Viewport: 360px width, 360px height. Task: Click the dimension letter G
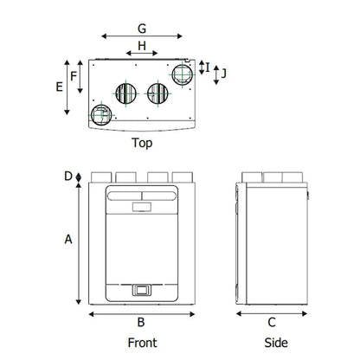pos(142,29)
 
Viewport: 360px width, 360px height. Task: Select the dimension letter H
pos(142,46)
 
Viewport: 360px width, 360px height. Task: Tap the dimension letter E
pos(59,87)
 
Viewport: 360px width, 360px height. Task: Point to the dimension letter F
pos(74,76)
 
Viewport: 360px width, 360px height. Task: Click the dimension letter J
pos(223,74)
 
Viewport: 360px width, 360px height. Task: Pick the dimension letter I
pos(208,67)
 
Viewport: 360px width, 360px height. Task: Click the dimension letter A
pos(68,239)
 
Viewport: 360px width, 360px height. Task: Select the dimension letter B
pos(141,322)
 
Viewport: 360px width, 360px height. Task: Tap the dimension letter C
pos(272,322)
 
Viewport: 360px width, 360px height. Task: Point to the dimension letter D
pos(68,176)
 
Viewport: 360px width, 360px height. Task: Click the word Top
pos(142,143)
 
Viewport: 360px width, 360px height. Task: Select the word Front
pos(143,343)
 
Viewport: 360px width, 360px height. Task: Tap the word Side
pos(276,343)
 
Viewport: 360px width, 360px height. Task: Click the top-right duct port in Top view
pos(183,74)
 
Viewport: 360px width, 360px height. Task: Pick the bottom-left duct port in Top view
pos(101,115)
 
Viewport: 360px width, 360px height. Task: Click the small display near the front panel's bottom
pos(142,290)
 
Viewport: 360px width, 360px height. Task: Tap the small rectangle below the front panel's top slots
pos(142,207)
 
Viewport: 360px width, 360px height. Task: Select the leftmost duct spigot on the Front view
pos(101,177)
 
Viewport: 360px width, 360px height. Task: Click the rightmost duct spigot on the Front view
pos(183,177)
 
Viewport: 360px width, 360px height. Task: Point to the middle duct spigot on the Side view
pos(273,177)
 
